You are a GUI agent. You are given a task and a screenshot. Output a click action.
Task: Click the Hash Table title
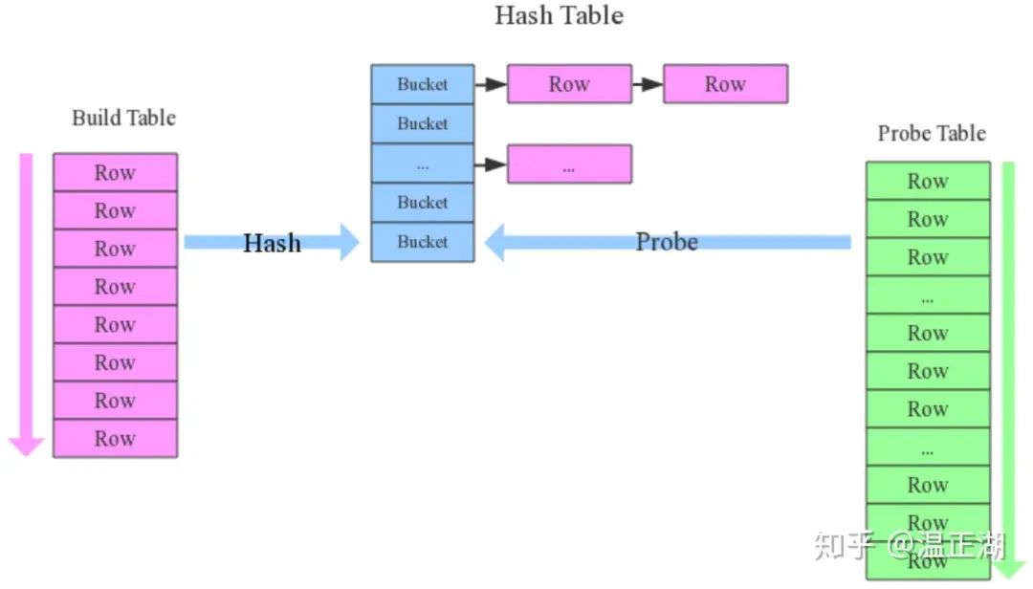(x=559, y=15)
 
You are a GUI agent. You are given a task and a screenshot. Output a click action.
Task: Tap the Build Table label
(x=124, y=118)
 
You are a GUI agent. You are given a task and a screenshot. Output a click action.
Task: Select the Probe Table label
(x=931, y=133)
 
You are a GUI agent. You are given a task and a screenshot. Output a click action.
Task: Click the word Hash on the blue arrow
(x=272, y=243)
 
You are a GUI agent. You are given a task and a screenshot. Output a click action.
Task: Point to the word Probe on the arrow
(x=667, y=242)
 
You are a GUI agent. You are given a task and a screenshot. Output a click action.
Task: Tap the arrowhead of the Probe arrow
(x=496, y=242)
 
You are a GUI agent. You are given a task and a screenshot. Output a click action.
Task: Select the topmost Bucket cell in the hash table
(x=423, y=84)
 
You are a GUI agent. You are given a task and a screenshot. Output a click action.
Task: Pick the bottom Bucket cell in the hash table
(x=423, y=242)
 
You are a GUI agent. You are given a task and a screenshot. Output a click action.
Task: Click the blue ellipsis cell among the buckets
(x=423, y=164)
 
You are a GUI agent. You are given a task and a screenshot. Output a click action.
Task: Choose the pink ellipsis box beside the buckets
(x=569, y=164)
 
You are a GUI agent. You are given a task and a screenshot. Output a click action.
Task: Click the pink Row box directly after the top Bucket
(x=569, y=84)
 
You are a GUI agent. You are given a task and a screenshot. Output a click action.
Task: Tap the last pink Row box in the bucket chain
(x=725, y=84)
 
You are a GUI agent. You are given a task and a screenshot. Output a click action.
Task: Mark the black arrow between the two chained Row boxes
(x=648, y=84)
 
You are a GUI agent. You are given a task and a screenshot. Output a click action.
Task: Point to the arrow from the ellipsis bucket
(x=491, y=164)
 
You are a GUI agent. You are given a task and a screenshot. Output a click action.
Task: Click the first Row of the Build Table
(x=115, y=173)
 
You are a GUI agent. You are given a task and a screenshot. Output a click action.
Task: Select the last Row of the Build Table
(x=115, y=439)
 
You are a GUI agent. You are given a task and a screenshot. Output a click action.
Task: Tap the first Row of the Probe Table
(x=928, y=182)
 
